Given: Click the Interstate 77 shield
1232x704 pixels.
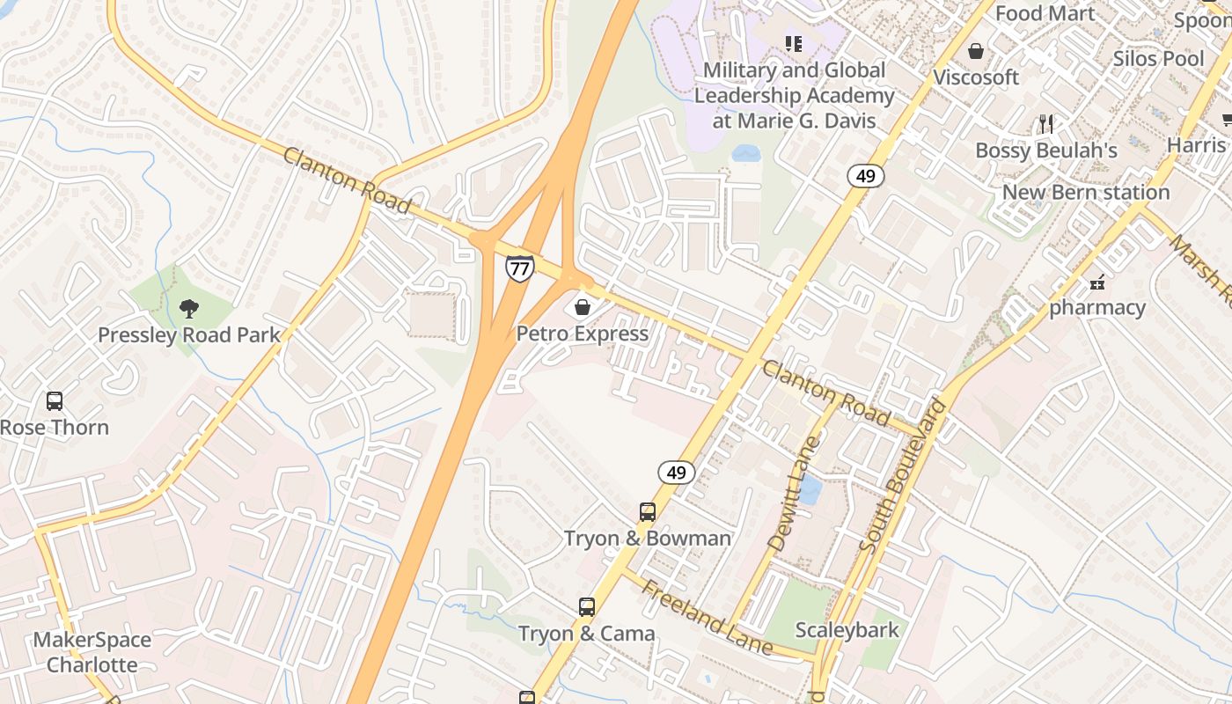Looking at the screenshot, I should (x=519, y=268).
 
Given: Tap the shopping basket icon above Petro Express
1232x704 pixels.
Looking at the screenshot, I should (x=582, y=307).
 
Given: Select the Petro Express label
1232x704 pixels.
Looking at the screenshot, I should (x=582, y=334).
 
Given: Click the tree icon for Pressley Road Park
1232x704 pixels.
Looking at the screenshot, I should (x=188, y=308).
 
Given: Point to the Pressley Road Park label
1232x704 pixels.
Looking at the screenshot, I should (x=188, y=335).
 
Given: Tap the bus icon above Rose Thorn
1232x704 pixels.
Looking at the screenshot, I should (x=55, y=401).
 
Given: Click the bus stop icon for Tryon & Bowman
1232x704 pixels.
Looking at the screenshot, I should (x=647, y=511).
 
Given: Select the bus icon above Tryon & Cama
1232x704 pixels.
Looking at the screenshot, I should (x=586, y=606).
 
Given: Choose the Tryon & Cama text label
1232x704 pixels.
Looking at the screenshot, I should (x=586, y=634).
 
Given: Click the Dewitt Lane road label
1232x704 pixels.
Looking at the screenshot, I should (x=793, y=494).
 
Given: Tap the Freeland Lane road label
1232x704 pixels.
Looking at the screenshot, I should (x=707, y=618).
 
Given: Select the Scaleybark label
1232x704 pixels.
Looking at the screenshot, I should (x=847, y=630).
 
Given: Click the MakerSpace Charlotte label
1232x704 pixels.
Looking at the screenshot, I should (x=92, y=652).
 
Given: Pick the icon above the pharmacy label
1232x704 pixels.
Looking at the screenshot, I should (x=1096, y=282).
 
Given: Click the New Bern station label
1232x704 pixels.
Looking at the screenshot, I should (x=1086, y=192).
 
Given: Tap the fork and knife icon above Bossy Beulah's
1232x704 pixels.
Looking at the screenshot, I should (x=1045, y=123).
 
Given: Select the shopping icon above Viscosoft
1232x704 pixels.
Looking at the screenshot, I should (x=975, y=51).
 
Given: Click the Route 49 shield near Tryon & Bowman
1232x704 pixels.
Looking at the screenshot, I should (x=676, y=473).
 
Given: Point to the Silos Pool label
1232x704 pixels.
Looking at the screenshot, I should (x=1158, y=59).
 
